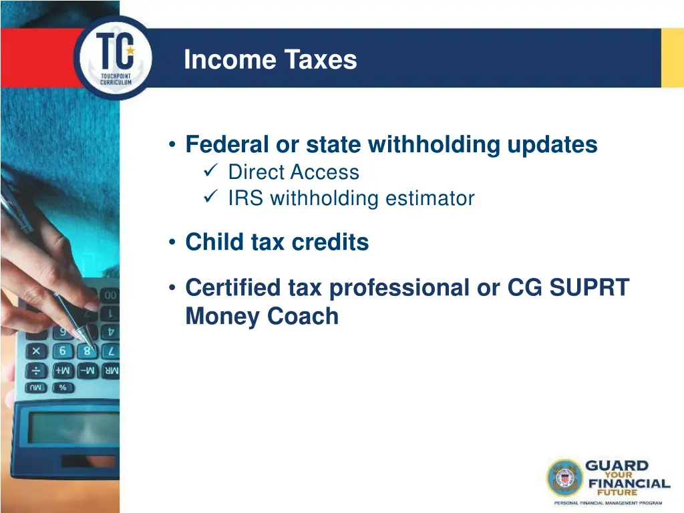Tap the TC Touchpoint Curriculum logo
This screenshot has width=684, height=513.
pos(114,59)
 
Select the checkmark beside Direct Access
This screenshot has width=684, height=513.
pos(208,172)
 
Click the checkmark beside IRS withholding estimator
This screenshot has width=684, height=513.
pos(208,198)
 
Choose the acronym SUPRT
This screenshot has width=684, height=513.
pos(588,288)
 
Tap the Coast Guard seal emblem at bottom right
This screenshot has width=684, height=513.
pos(565,478)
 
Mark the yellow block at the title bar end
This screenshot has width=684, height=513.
pos(672,58)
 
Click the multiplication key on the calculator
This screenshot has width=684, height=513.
pos(37,351)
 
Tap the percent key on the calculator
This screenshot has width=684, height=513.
pos(63,387)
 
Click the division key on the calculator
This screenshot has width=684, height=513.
pos(37,371)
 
